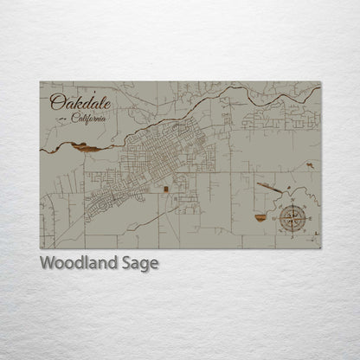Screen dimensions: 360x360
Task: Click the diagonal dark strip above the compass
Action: point(268,186)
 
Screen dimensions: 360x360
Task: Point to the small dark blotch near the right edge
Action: point(310,164)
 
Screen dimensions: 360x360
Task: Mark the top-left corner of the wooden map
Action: point(41,82)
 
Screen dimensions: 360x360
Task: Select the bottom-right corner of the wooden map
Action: point(321,248)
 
